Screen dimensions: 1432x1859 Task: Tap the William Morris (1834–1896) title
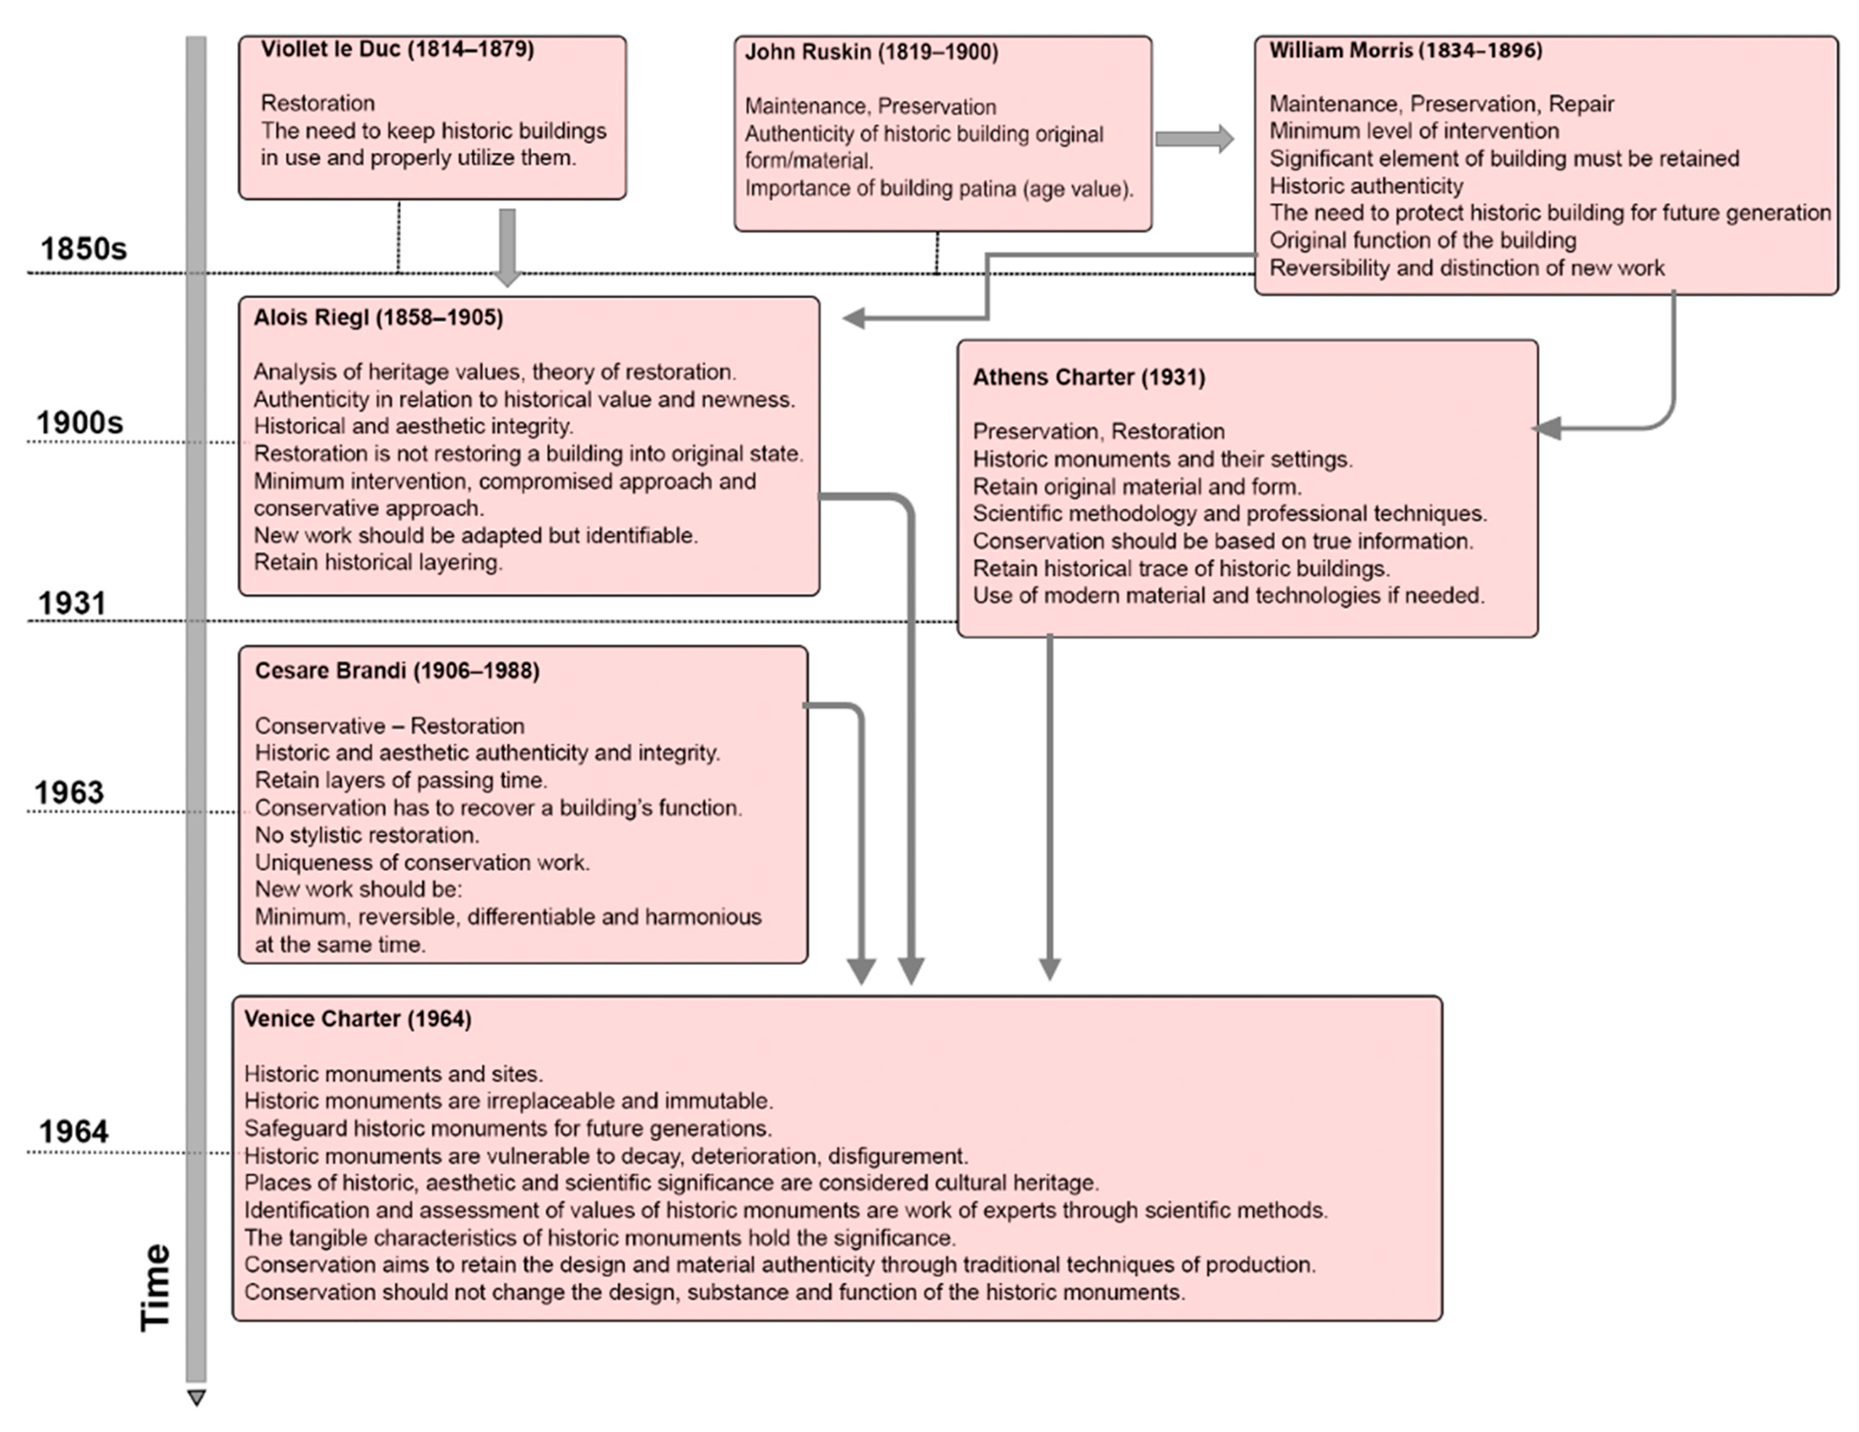point(1405,51)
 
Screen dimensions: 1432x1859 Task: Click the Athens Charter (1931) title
point(1089,378)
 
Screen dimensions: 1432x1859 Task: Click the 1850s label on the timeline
point(84,249)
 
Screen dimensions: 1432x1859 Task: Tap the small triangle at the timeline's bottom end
point(197,1397)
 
